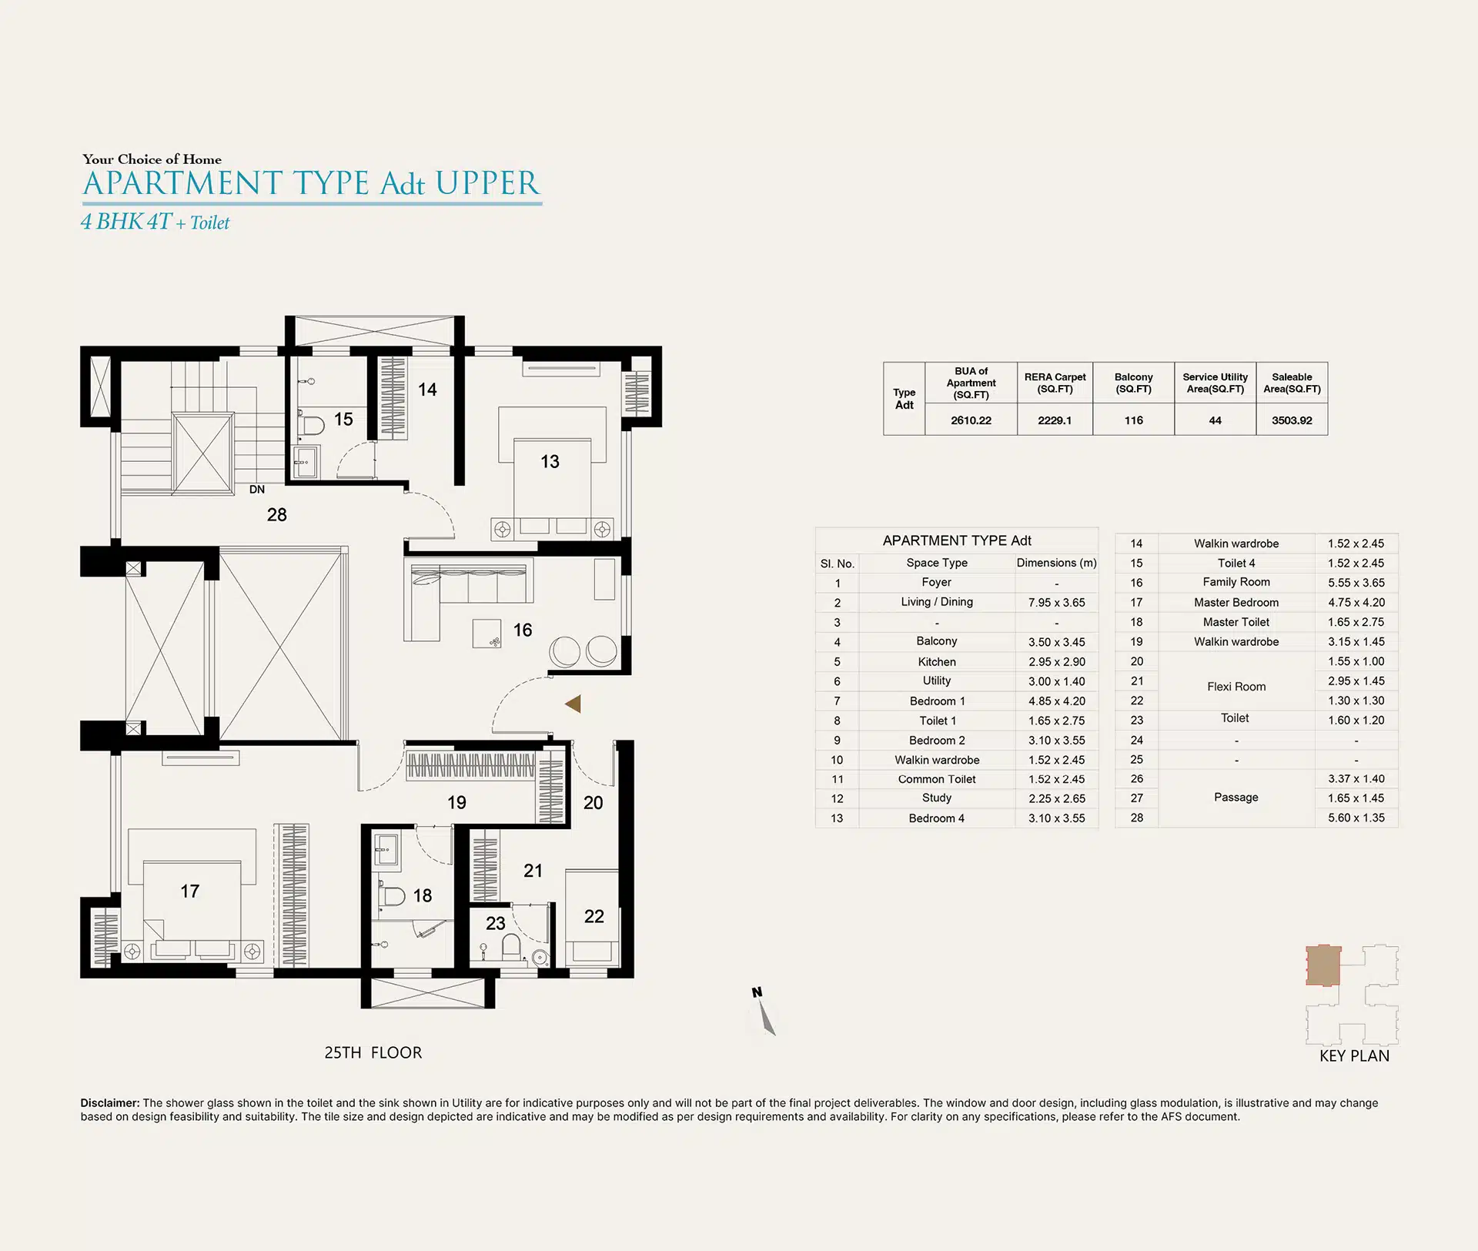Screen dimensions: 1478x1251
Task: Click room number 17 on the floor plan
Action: [190, 891]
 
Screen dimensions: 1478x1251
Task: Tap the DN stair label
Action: [257, 490]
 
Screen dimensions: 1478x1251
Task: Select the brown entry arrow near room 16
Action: [573, 703]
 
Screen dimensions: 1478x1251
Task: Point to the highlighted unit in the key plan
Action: [1323, 965]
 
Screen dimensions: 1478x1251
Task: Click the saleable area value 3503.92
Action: [1292, 420]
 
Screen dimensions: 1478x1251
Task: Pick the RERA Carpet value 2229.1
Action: [1055, 420]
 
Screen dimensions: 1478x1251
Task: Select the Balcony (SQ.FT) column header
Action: [1134, 383]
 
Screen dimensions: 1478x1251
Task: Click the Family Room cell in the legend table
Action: [1236, 583]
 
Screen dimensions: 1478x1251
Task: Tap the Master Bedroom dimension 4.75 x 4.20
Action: [1356, 603]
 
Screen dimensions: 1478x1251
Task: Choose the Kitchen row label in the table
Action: [937, 662]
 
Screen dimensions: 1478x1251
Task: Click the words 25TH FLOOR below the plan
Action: [373, 1052]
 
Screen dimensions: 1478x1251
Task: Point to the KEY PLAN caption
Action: [1355, 1056]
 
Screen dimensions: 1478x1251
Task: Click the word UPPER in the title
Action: [487, 183]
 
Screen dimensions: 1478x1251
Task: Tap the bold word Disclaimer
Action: [110, 1103]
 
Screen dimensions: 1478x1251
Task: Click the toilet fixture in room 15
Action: [311, 425]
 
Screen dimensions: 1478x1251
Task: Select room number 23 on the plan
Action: [495, 924]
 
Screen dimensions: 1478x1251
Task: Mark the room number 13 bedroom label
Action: [550, 462]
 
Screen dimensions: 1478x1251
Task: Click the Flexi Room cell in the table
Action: [1236, 687]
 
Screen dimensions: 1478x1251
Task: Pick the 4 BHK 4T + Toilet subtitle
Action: [155, 222]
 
